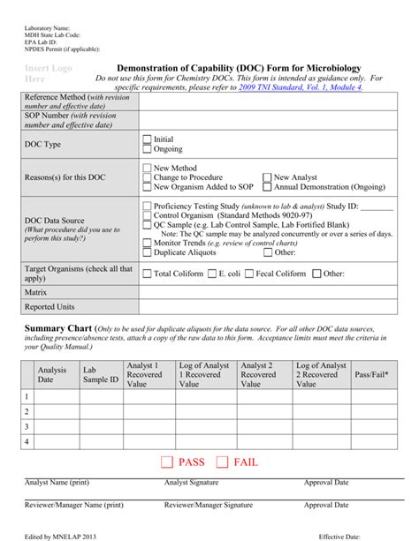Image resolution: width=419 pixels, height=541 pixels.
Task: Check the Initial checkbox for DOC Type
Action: pyautogui.click(x=147, y=139)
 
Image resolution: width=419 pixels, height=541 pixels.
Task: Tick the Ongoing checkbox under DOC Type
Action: pyautogui.click(x=147, y=149)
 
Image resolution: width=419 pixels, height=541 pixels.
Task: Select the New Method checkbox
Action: pyautogui.click(x=147, y=168)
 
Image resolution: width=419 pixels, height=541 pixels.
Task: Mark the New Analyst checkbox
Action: pyautogui.click(x=267, y=177)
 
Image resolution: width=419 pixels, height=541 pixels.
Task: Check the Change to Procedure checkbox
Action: pyautogui.click(x=147, y=177)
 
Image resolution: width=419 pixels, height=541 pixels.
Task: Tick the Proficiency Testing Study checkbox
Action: pyautogui.click(x=147, y=206)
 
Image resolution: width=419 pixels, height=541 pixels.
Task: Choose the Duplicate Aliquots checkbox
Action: pyautogui.click(x=147, y=252)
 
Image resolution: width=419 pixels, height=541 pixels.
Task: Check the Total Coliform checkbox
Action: pyautogui.click(x=147, y=274)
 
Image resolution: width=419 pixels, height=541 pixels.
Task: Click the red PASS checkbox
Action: pyautogui.click(x=166, y=462)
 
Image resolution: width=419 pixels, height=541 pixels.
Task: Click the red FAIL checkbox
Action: pyautogui.click(x=222, y=462)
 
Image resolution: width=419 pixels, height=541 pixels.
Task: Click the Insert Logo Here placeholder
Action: pyautogui.click(x=50, y=73)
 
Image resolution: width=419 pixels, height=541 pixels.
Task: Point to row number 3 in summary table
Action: pyautogui.click(x=27, y=426)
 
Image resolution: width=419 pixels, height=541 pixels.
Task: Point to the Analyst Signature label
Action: pyautogui.click(x=191, y=483)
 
